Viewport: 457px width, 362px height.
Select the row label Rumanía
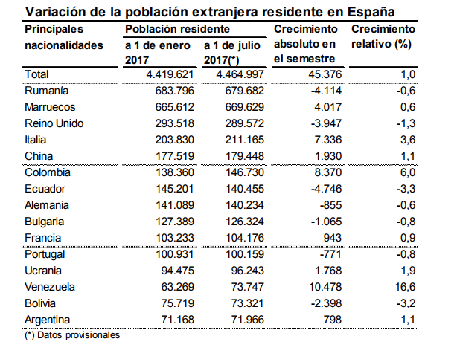[x=47, y=90]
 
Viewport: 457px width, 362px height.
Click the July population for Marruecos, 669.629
[x=243, y=106]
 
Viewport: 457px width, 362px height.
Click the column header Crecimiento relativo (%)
[x=383, y=36]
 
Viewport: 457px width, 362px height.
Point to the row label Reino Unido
[x=54, y=123]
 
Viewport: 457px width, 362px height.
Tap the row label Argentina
[x=49, y=319]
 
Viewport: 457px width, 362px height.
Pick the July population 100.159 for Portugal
[x=243, y=253]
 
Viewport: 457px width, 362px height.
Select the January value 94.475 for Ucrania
[x=179, y=270]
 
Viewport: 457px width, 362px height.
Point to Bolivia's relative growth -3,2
[x=403, y=303]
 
